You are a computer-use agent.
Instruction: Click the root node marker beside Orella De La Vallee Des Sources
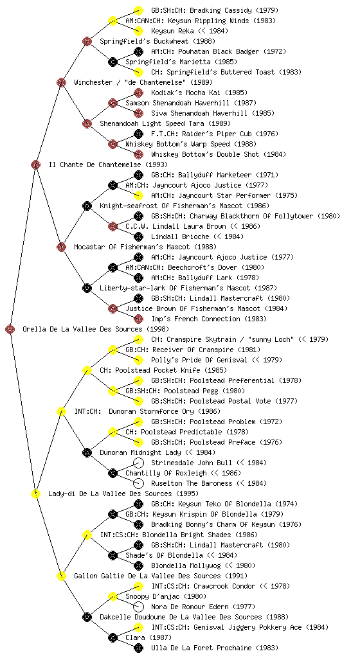[10, 330]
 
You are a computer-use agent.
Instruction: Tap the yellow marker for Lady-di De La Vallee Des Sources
[35, 494]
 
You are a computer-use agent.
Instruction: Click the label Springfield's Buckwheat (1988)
[157, 42]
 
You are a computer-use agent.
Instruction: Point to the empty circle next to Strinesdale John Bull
[138, 463]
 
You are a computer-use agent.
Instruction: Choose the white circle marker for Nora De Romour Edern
[138, 607]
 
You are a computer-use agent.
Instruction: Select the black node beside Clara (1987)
[113, 638]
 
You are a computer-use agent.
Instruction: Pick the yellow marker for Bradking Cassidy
[138, 10]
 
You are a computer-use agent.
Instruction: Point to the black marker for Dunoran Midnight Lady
[87, 453]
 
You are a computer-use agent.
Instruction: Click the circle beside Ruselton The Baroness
[138, 483]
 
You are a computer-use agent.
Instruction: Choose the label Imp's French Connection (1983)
[209, 319]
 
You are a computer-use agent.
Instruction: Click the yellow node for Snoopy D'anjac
[113, 597]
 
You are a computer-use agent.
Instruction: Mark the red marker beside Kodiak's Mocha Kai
[138, 93]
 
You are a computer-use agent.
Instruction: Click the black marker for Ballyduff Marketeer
[138, 175]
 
